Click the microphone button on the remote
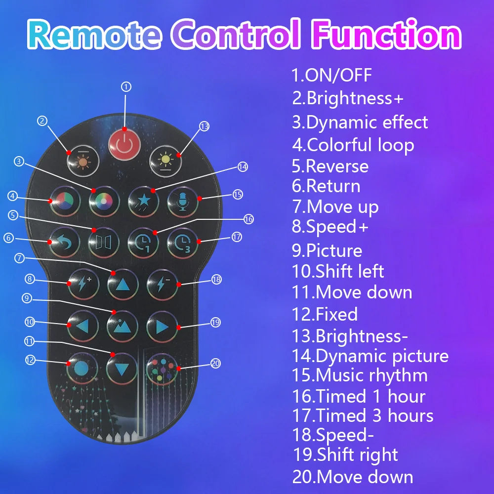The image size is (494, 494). [182, 203]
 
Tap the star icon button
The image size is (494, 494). [143, 203]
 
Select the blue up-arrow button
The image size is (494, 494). [123, 286]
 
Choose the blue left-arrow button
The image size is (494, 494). [83, 327]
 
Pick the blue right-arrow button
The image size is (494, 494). [162, 327]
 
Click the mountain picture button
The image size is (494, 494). [123, 327]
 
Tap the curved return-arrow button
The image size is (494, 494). [64, 242]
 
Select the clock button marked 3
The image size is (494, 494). [182, 242]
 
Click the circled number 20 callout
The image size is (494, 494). [215, 363]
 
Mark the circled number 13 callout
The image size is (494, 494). [205, 126]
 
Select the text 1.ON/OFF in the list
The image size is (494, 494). [331, 76]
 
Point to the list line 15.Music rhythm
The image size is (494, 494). [360, 375]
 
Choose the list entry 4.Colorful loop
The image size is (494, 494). [353, 145]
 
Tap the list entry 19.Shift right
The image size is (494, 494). [346, 454]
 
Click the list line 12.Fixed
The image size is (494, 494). [325, 314]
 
